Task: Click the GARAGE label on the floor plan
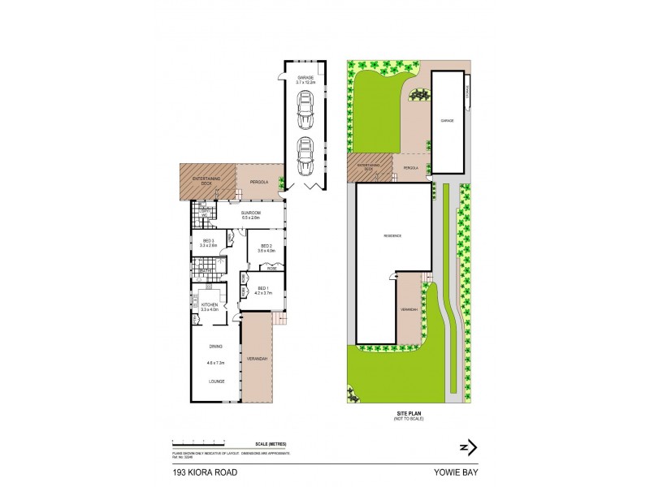pyautogui.click(x=304, y=77)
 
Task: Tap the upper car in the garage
pyautogui.click(x=305, y=110)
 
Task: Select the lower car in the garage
pyautogui.click(x=305, y=157)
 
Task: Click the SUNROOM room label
pyautogui.click(x=249, y=215)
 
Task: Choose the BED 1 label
pyautogui.click(x=263, y=290)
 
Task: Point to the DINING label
pyautogui.click(x=215, y=347)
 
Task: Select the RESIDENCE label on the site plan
pyautogui.click(x=393, y=235)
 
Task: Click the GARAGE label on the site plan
pyautogui.click(x=447, y=120)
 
